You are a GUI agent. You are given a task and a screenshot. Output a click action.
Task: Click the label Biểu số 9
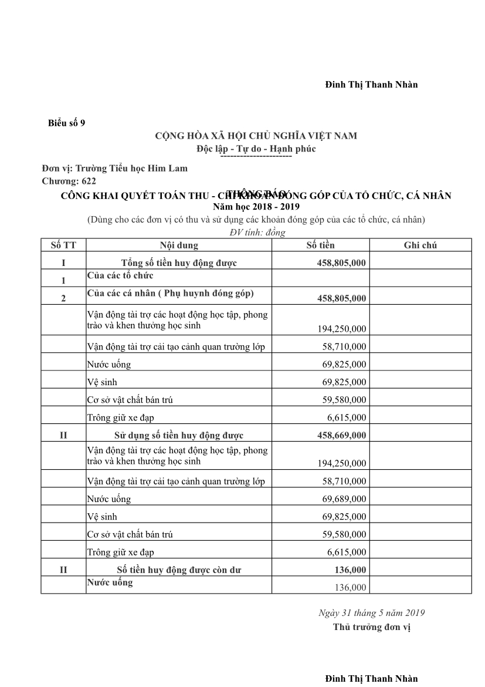(x=66, y=123)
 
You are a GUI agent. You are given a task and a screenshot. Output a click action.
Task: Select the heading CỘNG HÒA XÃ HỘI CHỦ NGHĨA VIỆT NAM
(x=256, y=136)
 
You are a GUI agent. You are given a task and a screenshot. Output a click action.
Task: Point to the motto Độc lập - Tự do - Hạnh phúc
(x=256, y=149)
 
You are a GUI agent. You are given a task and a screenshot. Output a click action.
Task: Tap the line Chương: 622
(x=69, y=181)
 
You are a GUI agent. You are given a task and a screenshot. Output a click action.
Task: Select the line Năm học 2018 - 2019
(x=256, y=207)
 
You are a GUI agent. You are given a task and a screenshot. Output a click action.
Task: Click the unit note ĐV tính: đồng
(x=257, y=233)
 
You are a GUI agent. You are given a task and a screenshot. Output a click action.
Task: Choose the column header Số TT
(x=63, y=245)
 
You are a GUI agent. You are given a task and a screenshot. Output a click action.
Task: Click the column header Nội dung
(x=179, y=245)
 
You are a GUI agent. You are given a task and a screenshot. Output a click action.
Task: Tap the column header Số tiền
(x=321, y=245)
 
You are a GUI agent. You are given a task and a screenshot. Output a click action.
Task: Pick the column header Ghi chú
(x=420, y=245)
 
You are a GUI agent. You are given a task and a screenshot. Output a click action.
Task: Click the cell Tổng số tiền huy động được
(x=179, y=263)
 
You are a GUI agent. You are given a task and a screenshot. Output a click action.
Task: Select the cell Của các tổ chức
(x=120, y=275)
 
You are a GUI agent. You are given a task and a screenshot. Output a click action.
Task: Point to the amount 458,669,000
(x=341, y=436)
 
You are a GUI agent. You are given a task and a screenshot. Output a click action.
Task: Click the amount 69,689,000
(x=344, y=499)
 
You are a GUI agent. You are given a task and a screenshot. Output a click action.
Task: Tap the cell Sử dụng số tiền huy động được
(x=179, y=436)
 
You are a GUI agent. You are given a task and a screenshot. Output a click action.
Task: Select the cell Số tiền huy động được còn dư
(x=179, y=570)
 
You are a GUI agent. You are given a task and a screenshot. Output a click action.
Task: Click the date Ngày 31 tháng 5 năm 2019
(x=372, y=613)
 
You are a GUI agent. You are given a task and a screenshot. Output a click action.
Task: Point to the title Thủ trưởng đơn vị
(x=372, y=627)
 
